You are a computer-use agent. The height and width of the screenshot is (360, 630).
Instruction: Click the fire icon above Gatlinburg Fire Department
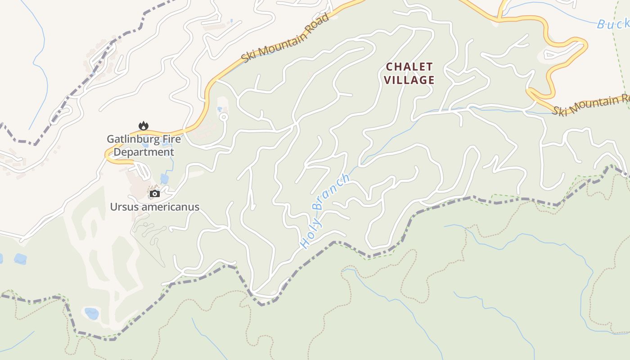(x=144, y=126)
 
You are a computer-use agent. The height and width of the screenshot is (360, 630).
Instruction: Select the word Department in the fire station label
(x=144, y=152)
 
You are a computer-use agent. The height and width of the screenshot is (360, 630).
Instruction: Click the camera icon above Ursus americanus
(x=155, y=193)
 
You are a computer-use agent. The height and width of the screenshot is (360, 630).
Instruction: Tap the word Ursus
(x=125, y=207)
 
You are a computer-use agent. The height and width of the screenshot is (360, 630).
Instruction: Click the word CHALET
(x=409, y=67)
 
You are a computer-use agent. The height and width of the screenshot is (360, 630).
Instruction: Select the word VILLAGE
(x=409, y=80)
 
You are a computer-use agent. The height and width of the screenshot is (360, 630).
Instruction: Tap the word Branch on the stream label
(x=332, y=192)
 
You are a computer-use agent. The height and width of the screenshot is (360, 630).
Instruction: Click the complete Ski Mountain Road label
(x=285, y=38)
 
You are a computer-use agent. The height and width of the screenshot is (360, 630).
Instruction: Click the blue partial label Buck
(x=613, y=23)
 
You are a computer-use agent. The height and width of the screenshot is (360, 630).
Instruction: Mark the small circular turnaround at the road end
(x=224, y=117)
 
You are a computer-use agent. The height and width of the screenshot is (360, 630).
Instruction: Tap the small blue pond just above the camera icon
(x=164, y=179)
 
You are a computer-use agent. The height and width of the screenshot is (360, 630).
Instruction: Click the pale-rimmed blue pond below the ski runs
(x=91, y=313)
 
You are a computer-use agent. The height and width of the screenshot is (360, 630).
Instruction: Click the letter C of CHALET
(x=390, y=67)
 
